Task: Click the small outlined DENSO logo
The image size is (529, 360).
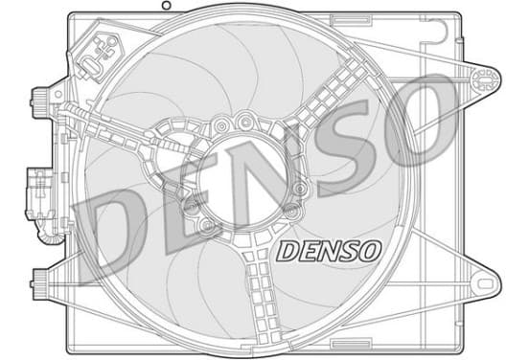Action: click(329, 251)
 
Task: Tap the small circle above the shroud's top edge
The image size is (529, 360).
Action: click(167, 5)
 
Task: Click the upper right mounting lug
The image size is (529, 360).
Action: click(485, 79)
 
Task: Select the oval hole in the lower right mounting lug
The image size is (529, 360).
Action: click(486, 283)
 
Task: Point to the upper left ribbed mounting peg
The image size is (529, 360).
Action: click(40, 102)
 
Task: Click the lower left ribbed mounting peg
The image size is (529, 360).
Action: click(40, 283)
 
